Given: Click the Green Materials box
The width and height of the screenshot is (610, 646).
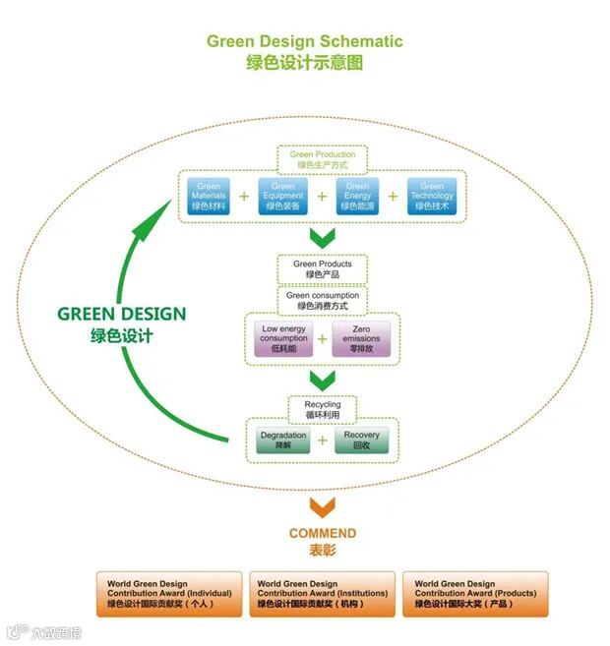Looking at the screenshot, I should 209,197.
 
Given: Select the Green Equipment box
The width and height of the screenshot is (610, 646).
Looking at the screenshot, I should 282,197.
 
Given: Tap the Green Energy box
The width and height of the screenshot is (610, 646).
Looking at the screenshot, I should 358,197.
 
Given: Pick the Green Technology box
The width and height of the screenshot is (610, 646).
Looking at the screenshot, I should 432,197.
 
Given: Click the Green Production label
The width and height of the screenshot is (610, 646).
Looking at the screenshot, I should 322,159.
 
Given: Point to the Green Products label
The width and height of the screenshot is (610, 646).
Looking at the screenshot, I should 322,268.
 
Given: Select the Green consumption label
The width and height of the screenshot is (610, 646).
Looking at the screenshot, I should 322,300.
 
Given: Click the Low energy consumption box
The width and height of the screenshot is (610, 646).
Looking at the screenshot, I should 283,338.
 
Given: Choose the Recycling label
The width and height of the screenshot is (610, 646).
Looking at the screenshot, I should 322,409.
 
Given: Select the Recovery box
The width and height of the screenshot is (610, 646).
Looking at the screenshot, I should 361,440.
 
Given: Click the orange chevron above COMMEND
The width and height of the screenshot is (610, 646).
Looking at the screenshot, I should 322,506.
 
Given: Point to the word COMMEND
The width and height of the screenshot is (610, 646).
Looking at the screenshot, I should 322,534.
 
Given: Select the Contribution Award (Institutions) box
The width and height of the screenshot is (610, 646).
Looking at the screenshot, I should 322,595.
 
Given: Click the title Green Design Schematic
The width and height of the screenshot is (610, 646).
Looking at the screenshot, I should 304,41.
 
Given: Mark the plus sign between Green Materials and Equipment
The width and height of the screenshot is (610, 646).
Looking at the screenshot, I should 245,197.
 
